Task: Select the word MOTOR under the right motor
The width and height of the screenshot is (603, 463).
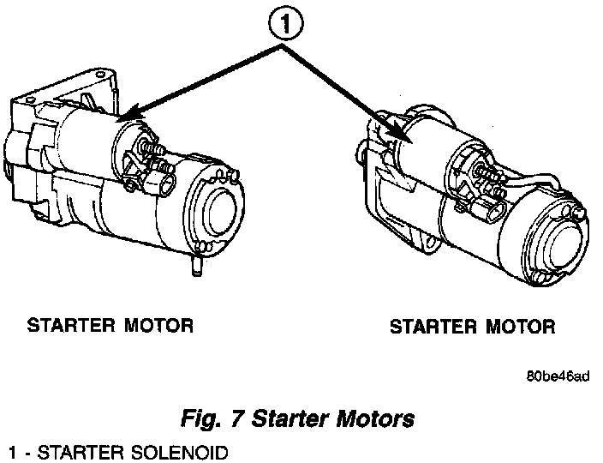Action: coord(519,327)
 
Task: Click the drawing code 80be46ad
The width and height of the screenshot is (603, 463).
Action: coord(558,376)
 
